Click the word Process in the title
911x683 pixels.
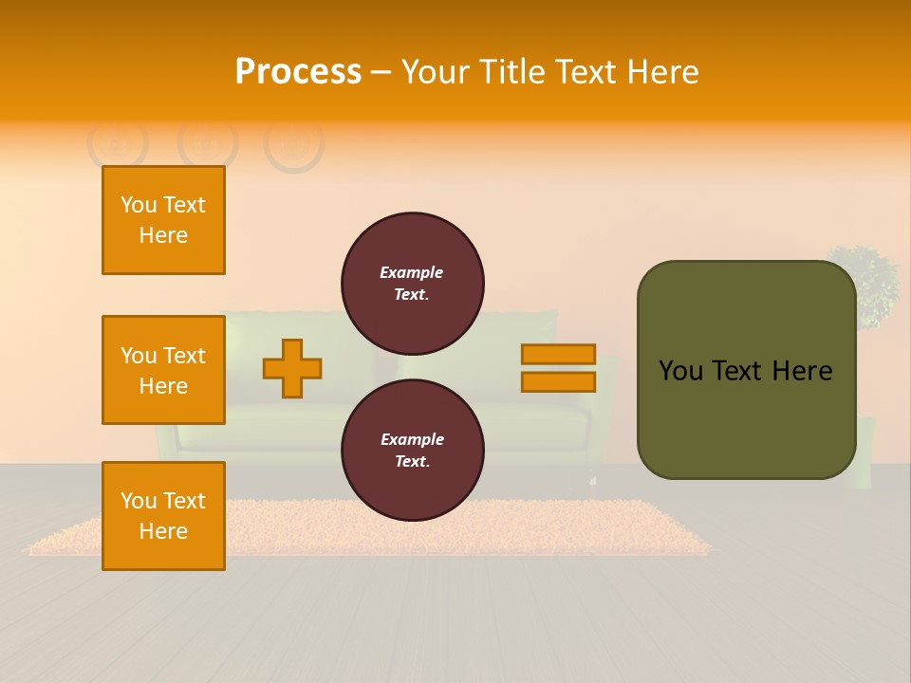[298, 71]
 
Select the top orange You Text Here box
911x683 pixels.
[163, 220]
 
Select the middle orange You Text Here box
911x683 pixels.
[163, 370]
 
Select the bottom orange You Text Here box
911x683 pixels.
[163, 515]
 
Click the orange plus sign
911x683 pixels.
[292, 368]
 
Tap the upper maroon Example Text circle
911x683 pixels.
[413, 283]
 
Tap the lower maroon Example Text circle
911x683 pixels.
[413, 450]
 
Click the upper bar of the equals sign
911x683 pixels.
[558, 355]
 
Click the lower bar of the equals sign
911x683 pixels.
[558, 381]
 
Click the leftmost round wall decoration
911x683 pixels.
[118, 142]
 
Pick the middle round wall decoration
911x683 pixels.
[208, 143]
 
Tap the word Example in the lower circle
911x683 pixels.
[412, 439]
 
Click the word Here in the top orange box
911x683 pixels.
[163, 235]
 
